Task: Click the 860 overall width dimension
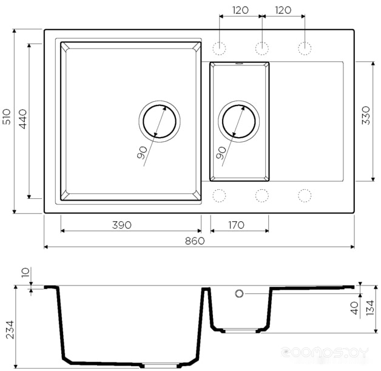[x=195, y=241]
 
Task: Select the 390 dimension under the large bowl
[x=122, y=225]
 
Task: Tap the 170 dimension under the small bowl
[x=236, y=225]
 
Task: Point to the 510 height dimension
[x=7, y=117]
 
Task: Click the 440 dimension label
[x=23, y=119]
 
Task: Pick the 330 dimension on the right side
[x=366, y=115]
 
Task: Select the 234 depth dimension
[x=10, y=330]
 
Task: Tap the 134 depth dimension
[x=370, y=307]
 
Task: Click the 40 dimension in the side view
[x=355, y=308]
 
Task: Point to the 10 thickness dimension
[x=25, y=272]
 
